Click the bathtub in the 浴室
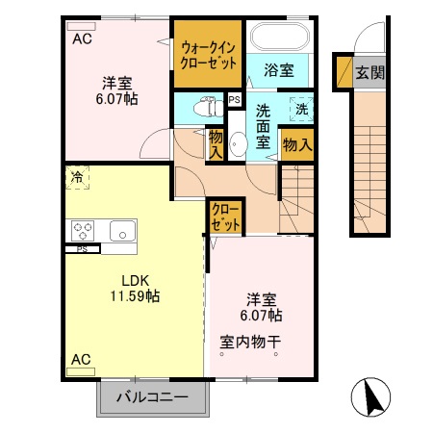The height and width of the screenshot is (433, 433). click(x=280, y=36)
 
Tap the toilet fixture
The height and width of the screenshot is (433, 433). click(x=209, y=107)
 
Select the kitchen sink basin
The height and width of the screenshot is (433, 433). click(x=123, y=231)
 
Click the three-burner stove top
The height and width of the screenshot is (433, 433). click(x=83, y=231)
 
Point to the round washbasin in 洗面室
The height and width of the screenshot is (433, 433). click(x=238, y=144)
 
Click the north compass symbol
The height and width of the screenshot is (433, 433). click(x=370, y=397)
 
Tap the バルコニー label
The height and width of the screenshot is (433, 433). click(x=152, y=397)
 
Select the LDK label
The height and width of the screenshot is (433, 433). click(x=135, y=281)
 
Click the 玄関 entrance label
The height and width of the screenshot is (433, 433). click(x=369, y=73)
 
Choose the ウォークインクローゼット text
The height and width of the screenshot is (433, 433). click(x=208, y=56)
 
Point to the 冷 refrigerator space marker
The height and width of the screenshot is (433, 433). click(x=77, y=177)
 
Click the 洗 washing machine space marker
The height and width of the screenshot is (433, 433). click(x=301, y=110)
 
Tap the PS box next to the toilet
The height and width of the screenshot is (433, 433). click(x=234, y=100)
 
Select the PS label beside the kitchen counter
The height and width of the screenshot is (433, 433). click(x=82, y=249)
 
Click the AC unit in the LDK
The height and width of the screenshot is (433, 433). click(x=81, y=371)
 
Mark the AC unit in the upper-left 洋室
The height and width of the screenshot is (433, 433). click(x=81, y=26)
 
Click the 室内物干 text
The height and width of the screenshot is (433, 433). click(x=250, y=342)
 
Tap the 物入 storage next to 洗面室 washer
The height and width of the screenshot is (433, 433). click(x=297, y=145)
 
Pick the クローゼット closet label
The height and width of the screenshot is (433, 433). click(x=225, y=217)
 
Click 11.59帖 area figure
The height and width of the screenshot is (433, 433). click(x=135, y=295)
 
